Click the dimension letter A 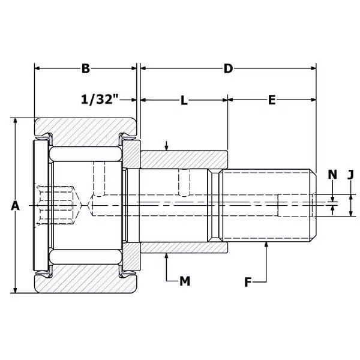(15, 205)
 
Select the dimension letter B (86, 68)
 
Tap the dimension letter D (228, 68)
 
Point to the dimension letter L (184, 100)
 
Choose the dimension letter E (272, 100)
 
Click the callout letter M (185, 281)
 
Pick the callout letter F (248, 282)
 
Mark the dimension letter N (332, 175)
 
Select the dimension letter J (350, 175)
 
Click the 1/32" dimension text (100, 100)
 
